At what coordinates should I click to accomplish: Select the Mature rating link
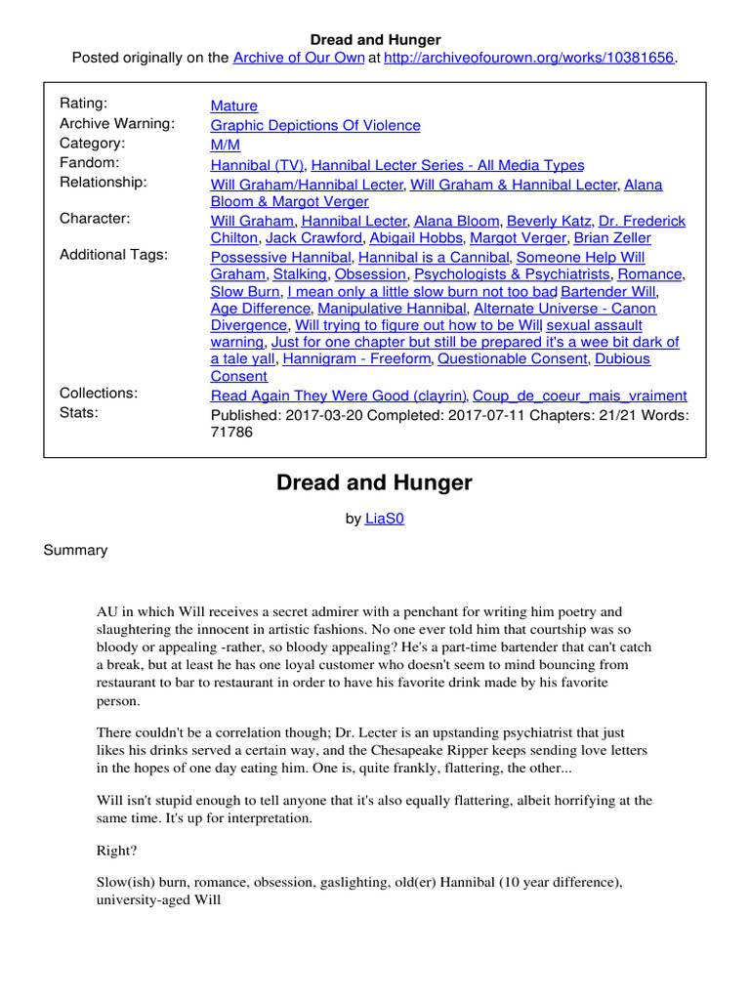coord(234,105)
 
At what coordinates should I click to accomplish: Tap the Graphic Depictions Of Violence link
coord(315,125)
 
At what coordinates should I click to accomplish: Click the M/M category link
coord(226,145)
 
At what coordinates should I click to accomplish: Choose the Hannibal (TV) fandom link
coord(258,165)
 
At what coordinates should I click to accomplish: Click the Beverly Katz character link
coord(549,221)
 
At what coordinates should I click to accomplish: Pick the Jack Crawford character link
coord(313,237)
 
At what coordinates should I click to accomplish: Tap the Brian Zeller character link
coord(612,237)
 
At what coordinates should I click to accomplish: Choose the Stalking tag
coord(299,274)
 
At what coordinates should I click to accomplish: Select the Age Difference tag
coord(260,308)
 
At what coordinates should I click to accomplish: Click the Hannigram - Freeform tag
coord(355,358)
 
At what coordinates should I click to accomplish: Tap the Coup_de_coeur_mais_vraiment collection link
coord(579,396)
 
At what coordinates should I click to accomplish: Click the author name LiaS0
coord(384,519)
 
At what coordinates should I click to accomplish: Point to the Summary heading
coord(75,550)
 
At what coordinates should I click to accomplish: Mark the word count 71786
coord(231,432)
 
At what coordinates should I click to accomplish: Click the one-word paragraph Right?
coord(117,850)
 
